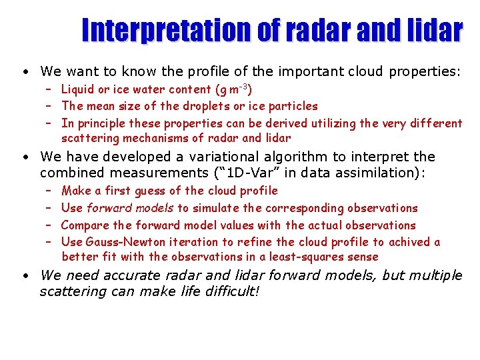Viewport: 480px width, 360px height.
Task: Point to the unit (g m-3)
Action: [231, 89]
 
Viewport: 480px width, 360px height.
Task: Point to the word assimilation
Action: [376, 173]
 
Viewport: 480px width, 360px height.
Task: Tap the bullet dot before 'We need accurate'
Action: [23, 275]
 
